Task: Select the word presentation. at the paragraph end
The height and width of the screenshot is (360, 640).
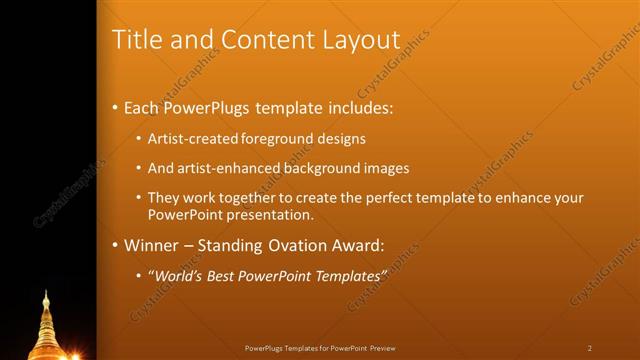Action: click(271, 214)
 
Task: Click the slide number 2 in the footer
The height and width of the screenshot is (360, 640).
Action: click(589, 348)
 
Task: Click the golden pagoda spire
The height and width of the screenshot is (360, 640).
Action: click(46, 320)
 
